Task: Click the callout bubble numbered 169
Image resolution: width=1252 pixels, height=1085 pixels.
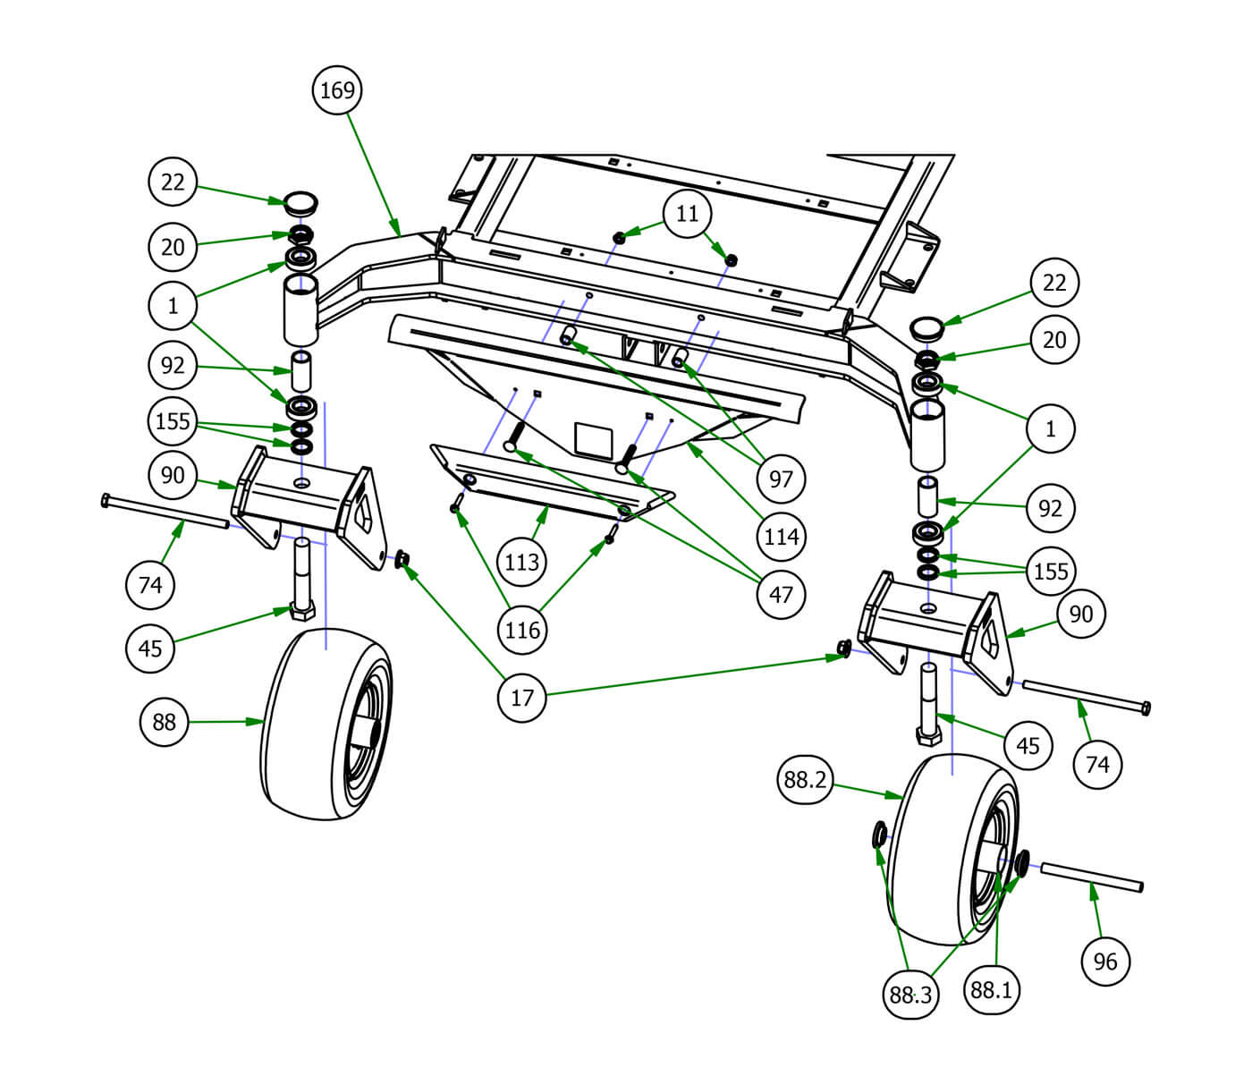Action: (337, 90)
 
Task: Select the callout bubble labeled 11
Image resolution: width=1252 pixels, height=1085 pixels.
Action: (687, 213)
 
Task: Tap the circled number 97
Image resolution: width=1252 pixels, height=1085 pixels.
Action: (781, 479)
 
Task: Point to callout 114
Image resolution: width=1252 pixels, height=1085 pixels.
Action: (782, 537)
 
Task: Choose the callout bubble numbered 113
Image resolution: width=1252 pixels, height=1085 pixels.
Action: (521, 563)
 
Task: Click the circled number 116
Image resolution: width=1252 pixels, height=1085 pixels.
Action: (522, 630)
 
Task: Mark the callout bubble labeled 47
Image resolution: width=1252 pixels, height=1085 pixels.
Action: (782, 594)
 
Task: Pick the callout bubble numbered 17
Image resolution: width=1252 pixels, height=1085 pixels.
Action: (521, 698)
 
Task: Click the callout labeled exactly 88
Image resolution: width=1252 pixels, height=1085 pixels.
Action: (165, 722)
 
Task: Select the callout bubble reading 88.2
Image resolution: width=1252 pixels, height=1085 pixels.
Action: (805, 779)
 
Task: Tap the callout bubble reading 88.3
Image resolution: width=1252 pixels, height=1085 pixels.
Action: (910, 994)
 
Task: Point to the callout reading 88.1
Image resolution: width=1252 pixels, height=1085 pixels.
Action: (991, 990)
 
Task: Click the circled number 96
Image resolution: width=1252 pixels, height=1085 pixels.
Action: (1105, 962)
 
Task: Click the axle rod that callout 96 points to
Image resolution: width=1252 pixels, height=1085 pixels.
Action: (1092, 877)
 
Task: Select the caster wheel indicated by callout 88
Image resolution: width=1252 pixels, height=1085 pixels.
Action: (326, 725)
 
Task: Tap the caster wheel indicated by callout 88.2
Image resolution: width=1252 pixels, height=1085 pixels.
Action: (953, 850)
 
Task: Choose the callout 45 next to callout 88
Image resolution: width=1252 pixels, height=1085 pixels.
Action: (150, 648)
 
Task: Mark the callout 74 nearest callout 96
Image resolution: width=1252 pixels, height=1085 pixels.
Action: (1097, 764)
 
